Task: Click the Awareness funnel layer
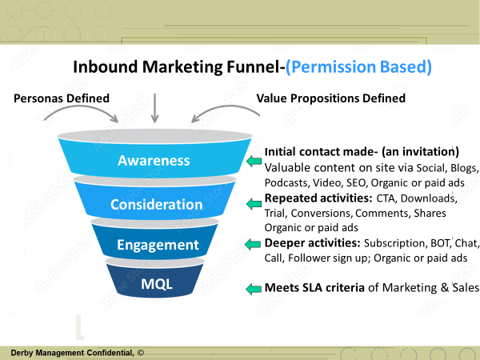point(154,158)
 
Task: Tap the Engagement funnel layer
point(154,242)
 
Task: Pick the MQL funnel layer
point(154,281)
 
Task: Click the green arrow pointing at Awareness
point(254,161)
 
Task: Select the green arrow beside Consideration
point(254,203)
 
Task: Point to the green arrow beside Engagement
point(253,244)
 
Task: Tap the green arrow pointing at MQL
point(254,289)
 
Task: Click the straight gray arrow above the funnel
point(155,108)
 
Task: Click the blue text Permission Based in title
point(358,66)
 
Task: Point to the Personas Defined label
point(62,98)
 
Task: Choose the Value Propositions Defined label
point(331,98)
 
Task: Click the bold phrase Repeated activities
point(318,198)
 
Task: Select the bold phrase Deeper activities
point(313,242)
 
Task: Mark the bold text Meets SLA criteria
point(314,287)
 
